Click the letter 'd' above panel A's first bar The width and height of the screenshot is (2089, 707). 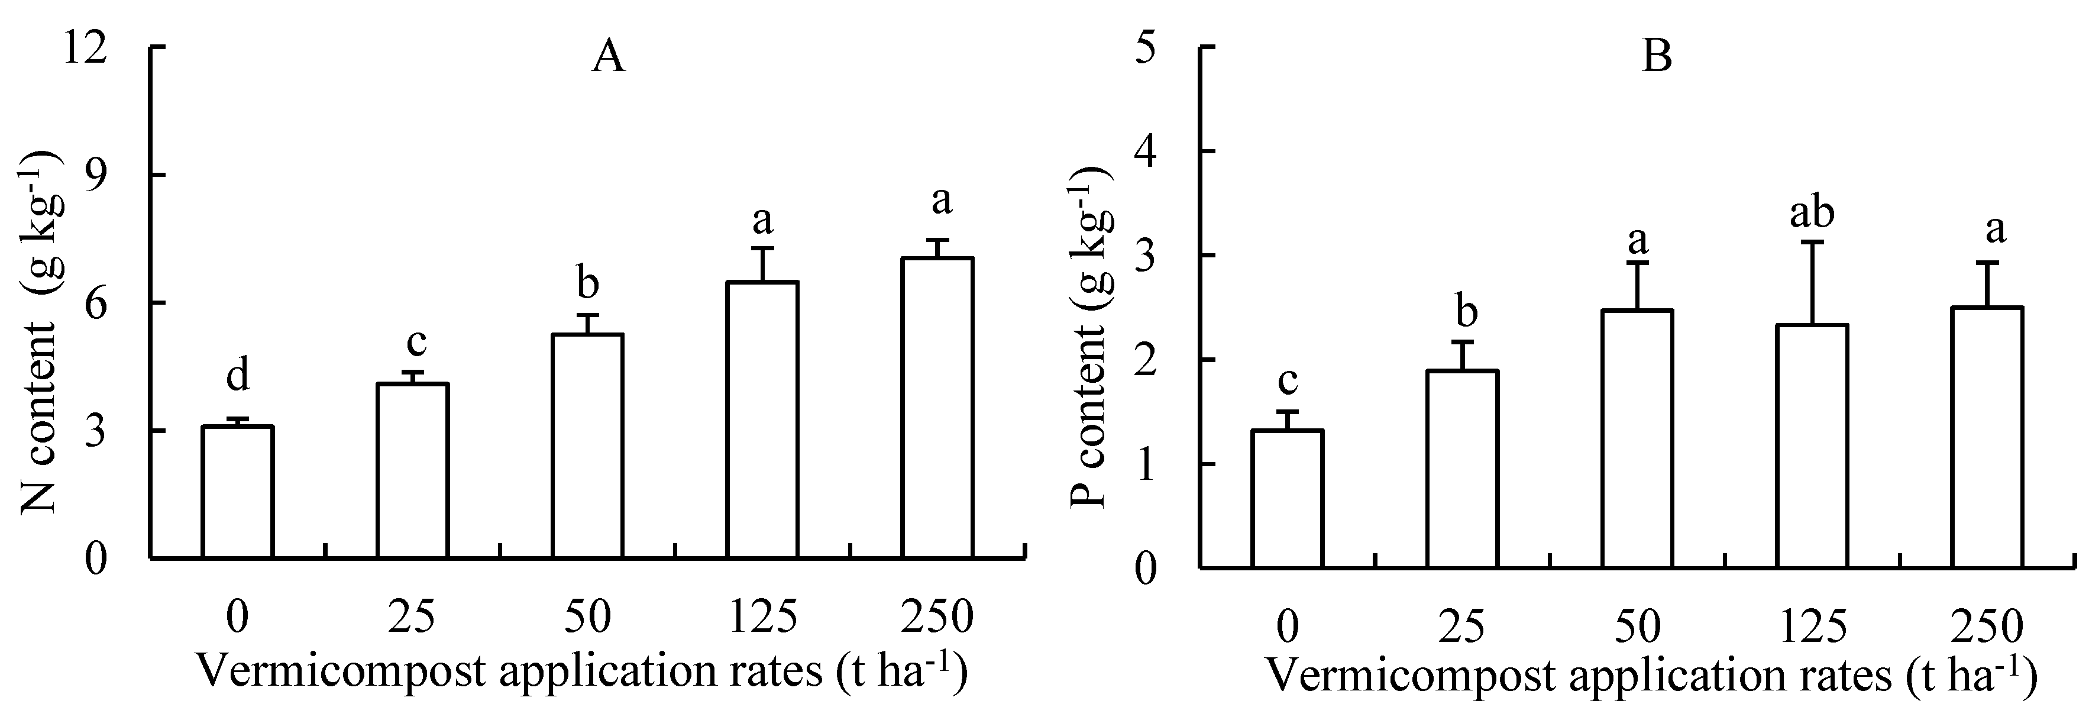coord(237,376)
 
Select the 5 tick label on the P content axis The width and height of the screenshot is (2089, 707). coord(1149,49)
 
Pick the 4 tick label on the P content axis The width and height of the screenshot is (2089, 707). coord(1149,153)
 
